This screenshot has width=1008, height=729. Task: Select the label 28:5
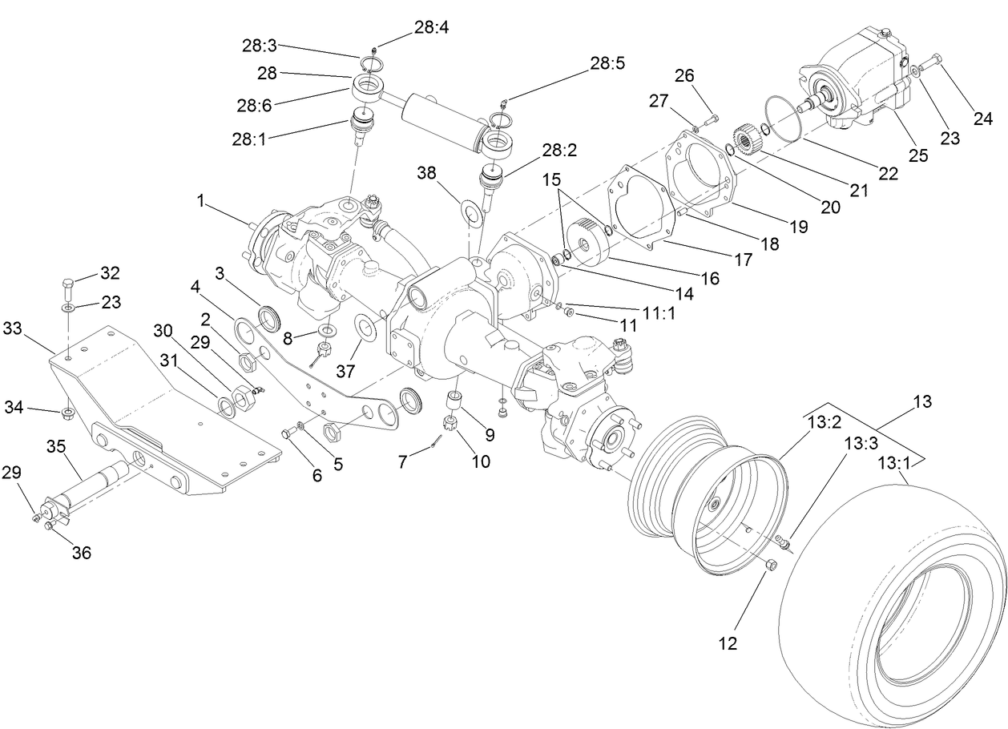pyautogui.click(x=607, y=62)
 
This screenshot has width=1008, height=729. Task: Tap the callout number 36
pyautogui.click(x=82, y=552)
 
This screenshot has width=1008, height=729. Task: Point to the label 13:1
pyautogui.click(x=895, y=462)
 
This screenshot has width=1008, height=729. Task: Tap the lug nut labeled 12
pyautogui.click(x=771, y=566)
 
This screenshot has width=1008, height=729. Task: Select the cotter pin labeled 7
pyautogui.click(x=436, y=438)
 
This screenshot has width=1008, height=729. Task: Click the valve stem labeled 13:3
pyautogui.click(x=784, y=542)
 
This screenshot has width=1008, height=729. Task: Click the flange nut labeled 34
pyautogui.click(x=67, y=413)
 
